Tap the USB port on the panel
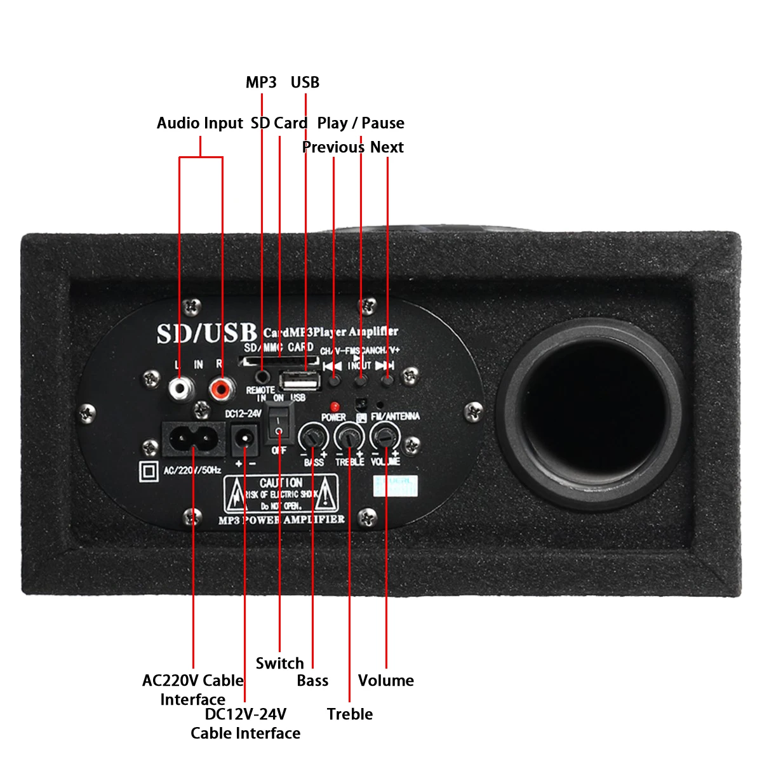coord(298,382)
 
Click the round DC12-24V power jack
coord(244,439)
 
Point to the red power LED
coord(334,406)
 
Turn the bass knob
coord(313,438)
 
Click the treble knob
coord(349,436)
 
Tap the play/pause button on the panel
coord(361,382)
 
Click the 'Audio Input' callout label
coord(200,123)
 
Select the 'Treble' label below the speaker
coord(350,714)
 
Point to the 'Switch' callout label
coord(279,664)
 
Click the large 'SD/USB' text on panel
coord(207,333)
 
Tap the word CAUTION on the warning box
coord(281,483)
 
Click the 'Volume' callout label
coord(386,681)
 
